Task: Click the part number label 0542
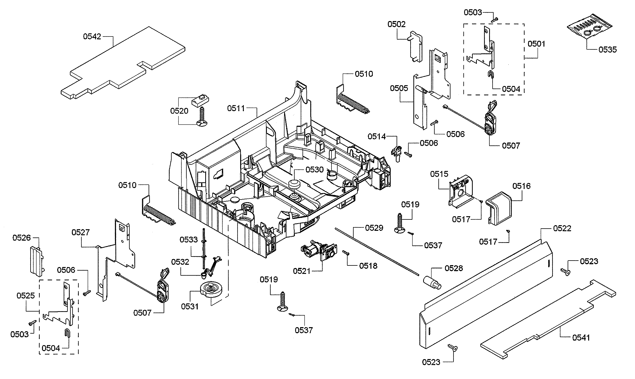[92, 36]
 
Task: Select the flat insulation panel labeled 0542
[123, 63]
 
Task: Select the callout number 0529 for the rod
[374, 228]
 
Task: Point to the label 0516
[521, 186]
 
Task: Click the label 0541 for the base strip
[581, 338]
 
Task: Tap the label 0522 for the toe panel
[562, 228]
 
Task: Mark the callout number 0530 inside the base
[315, 170]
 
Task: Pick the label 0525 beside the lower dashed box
[26, 296]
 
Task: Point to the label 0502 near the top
[396, 24]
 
